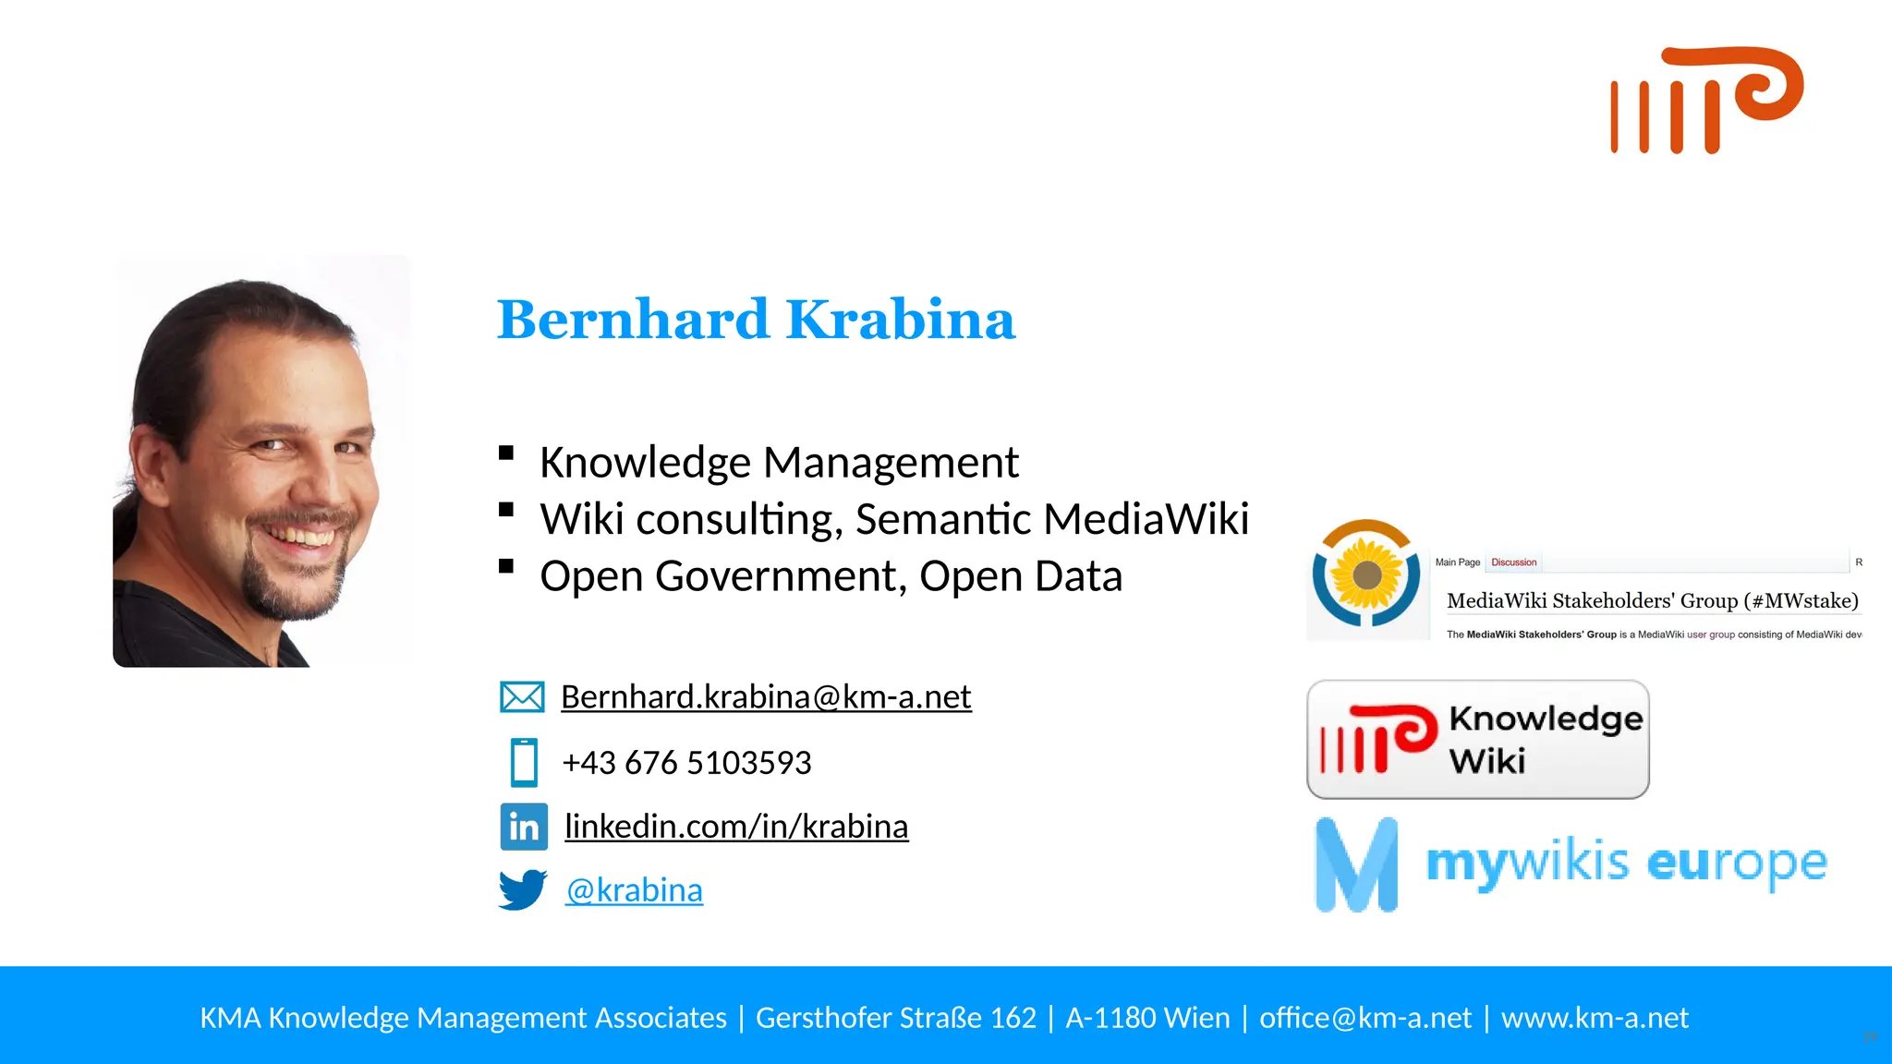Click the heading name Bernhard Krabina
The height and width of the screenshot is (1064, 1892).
pos(756,320)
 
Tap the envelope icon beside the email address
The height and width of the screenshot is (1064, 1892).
pos(522,697)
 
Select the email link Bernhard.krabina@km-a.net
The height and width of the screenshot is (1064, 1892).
pos(766,697)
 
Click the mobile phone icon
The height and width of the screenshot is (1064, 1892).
pos(524,763)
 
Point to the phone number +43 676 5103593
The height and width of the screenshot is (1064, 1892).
pos(686,763)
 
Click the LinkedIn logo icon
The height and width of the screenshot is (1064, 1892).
pos(524,827)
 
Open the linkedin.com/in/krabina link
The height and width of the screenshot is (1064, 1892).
pos(736,827)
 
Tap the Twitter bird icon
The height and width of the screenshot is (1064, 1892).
pos(523,889)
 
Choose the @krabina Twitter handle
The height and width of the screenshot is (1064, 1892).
pos(634,890)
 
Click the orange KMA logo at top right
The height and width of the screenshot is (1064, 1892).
pos(1706,100)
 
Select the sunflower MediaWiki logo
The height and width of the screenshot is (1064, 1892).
pos(1366,574)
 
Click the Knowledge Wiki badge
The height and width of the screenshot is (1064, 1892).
pos(1477,740)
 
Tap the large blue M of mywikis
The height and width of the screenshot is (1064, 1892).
pos(1356,864)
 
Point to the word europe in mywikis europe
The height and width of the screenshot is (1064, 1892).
pos(1737,864)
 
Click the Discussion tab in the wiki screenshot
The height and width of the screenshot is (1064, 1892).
pos(1513,562)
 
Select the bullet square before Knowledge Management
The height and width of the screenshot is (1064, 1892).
pos(506,453)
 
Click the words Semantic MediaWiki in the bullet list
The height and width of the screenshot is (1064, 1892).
pos(1051,519)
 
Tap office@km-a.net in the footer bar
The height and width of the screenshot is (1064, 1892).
pos(1364,1018)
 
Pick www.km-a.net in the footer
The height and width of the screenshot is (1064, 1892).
pos(1595,1018)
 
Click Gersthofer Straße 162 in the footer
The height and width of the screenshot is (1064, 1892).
pos(895,1018)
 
